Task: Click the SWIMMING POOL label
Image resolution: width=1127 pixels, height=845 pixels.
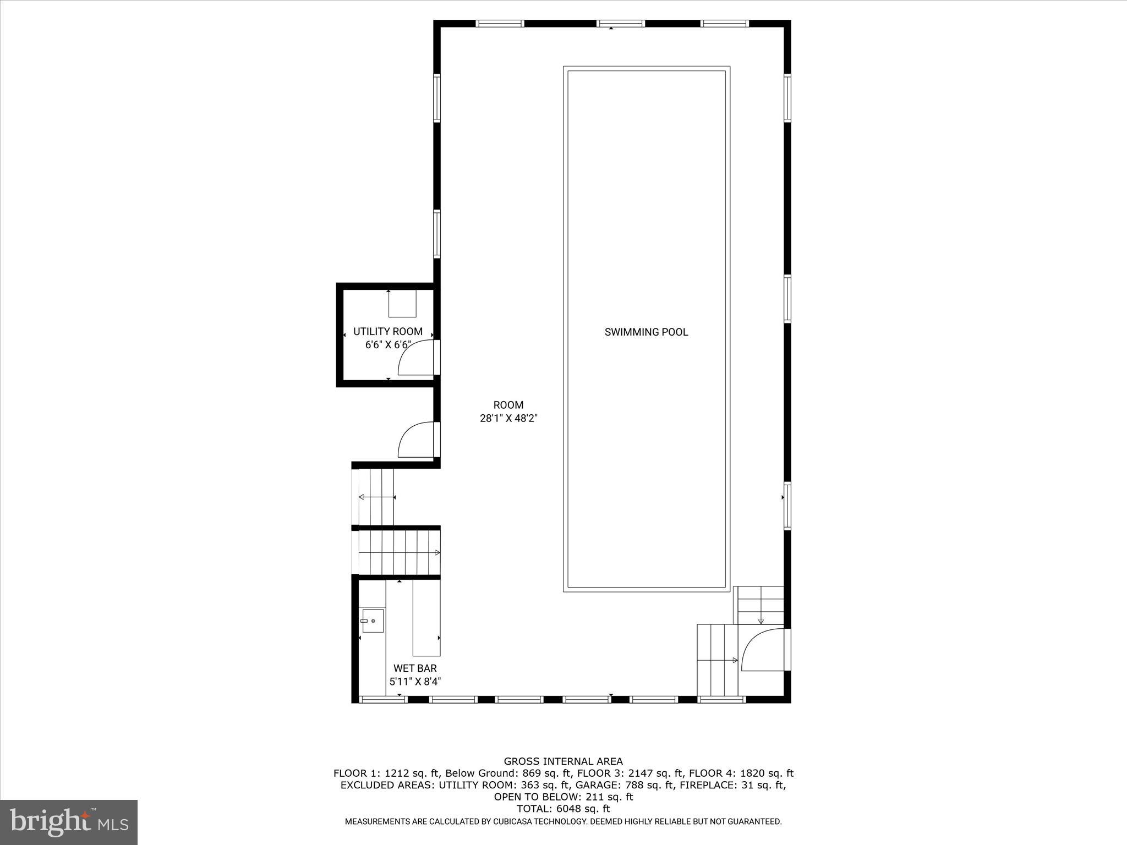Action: pos(646,332)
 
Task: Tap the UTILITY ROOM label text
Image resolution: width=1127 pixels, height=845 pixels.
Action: pos(387,332)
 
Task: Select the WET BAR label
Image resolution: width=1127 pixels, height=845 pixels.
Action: pos(415,668)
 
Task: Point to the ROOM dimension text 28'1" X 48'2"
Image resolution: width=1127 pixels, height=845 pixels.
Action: pos(508,418)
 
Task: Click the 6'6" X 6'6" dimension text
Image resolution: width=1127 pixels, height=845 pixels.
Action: pos(388,345)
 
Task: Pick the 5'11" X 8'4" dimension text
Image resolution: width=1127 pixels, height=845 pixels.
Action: pos(415,682)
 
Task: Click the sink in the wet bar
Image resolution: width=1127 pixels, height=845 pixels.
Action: pos(373,621)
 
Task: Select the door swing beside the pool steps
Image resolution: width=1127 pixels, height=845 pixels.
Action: pos(763,650)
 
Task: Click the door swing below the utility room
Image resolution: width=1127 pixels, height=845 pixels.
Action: pos(416,440)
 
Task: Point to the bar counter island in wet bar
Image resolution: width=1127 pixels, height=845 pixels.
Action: pos(426,617)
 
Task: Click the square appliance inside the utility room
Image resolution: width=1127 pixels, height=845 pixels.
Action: pos(402,304)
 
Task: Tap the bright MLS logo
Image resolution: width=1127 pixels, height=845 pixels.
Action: pos(69,822)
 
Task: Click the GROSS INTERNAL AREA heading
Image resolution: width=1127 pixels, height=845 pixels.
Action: pos(563,761)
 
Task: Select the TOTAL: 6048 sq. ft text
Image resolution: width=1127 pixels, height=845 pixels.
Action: pos(563,809)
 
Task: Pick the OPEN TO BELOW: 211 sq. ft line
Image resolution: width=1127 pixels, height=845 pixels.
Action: pos(563,797)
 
